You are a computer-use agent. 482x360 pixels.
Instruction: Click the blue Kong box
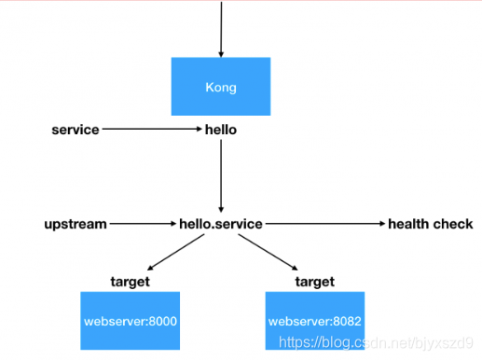[x=221, y=87]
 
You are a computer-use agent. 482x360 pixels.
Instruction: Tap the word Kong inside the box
[x=221, y=88]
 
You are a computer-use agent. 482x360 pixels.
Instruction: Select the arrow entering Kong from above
[x=221, y=29]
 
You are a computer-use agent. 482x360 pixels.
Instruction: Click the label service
[x=76, y=130]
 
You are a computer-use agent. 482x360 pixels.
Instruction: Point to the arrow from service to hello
[x=152, y=129]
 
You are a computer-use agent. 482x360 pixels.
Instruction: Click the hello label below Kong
[x=221, y=130]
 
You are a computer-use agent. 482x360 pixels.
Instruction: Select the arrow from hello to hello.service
[x=221, y=176]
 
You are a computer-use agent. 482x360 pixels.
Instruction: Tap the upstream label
[x=76, y=224]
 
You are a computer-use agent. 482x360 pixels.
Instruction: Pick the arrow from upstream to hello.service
[x=143, y=224]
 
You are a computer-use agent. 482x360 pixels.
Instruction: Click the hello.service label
[x=221, y=224]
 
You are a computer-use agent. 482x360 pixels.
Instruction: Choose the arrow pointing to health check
[x=325, y=224]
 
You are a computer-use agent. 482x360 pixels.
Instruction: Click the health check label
[x=431, y=224]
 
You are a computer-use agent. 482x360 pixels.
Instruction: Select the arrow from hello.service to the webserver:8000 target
[x=176, y=252]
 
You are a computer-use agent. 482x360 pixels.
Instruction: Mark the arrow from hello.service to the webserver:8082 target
[x=269, y=252]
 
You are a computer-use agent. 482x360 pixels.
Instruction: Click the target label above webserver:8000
[x=131, y=282]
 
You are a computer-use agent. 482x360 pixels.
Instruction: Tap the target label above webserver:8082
[x=315, y=282]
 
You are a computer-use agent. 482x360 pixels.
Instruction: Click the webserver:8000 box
[x=131, y=321]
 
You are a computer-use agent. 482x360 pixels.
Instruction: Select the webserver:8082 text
[x=315, y=321]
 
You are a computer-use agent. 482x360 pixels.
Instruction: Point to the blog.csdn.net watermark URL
[x=376, y=342]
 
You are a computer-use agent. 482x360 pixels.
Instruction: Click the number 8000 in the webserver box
[x=163, y=321]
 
